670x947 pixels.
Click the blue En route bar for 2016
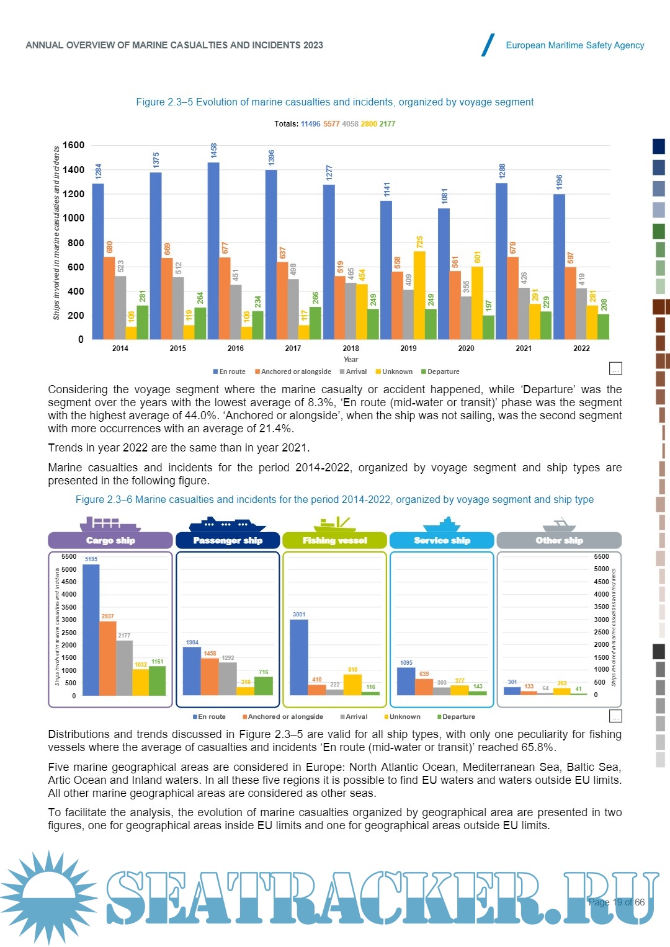pyautogui.click(x=213, y=251)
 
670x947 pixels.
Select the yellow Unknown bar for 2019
pyautogui.click(x=419, y=295)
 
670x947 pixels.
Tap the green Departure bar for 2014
pyautogui.click(x=142, y=322)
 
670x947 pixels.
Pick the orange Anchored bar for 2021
pyautogui.click(x=512, y=298)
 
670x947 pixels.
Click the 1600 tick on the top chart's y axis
pyautogui.click(x=73, y=145)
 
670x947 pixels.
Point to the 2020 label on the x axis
pyautogui.click(x=466, y=348)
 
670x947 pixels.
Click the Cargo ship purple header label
pyautogui.click(x=110, y=540)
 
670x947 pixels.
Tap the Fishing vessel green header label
pyautogui.click(x=334, y=540)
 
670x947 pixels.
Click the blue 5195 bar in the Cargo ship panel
pyautogui.click(x=91, y=629)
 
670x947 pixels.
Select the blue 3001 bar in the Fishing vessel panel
pyautogui.click(x=299, y=657)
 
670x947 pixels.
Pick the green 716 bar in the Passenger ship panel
pyautogui.click(x=264, y=686)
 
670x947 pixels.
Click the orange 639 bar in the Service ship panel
pyautogui.click(x=424, y=687)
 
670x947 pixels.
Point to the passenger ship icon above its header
pyautogui.click(x=227, y=524)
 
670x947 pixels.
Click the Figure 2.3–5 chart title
pyautogui.click(x=334, y=102)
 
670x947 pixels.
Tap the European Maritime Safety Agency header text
pyautogui.click(x=574, y=45)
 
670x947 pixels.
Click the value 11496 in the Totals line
pyautogui.click(x=310, y=124)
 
